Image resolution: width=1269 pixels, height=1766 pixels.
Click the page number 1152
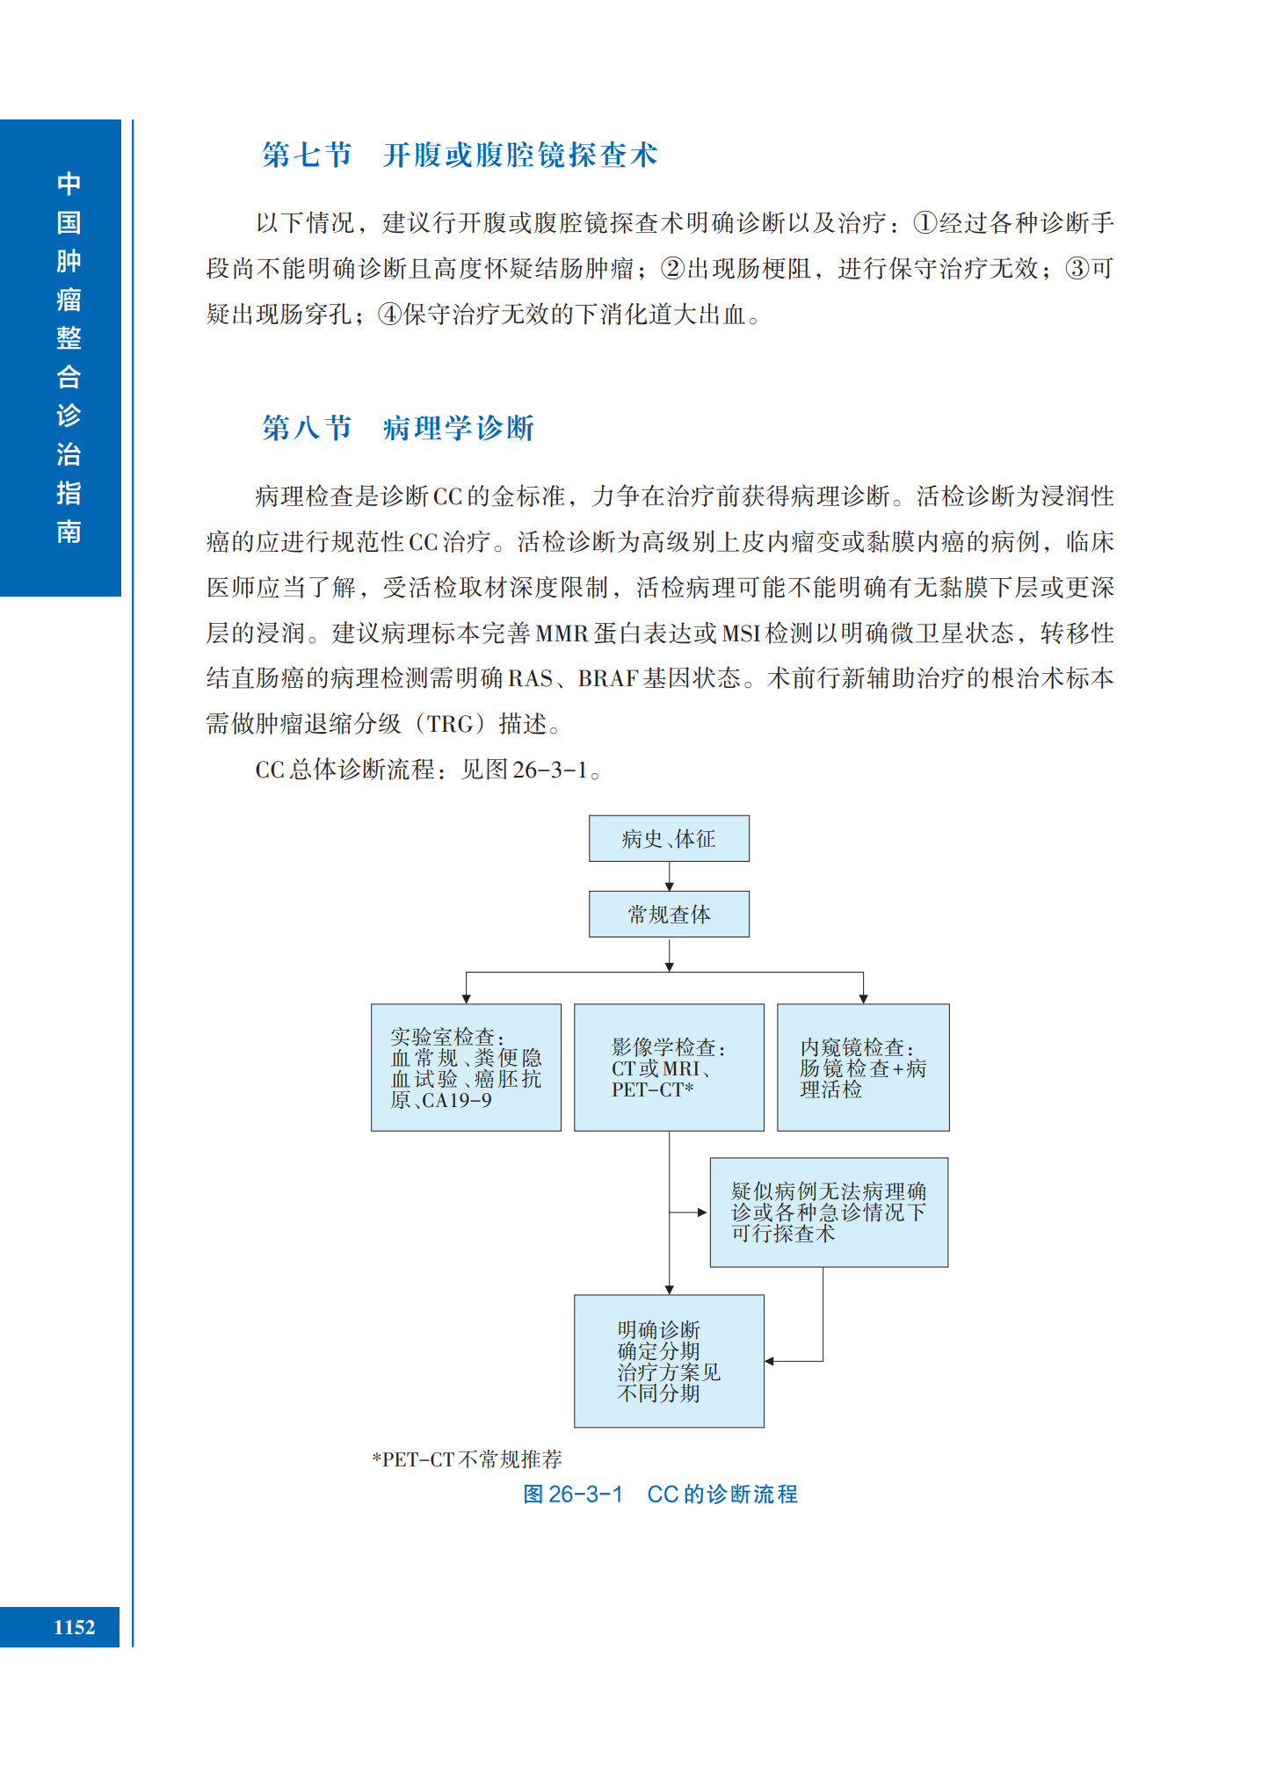74,1627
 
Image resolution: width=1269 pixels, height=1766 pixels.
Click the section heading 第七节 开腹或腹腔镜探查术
460,156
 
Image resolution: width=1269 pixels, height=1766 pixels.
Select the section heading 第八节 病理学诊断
398,428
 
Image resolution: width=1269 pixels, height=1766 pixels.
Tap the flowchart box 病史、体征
669,838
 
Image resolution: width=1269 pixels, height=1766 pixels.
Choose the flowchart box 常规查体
669,914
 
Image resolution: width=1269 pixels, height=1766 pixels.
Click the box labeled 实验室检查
466,1067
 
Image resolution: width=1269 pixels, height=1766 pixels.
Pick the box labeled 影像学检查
669,1067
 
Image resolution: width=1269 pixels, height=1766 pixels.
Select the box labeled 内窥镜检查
863,1067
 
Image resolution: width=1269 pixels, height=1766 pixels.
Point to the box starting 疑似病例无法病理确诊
829,1212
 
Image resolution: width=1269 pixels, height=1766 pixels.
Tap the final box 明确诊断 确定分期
669,1360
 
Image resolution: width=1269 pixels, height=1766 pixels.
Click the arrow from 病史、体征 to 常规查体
669,876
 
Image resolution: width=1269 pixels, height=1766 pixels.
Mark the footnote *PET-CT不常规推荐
467,1459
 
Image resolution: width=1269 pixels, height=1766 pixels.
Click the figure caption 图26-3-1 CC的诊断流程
660,1495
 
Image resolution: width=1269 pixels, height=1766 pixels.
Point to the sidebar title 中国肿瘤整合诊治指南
69,357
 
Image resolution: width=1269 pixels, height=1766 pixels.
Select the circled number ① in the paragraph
925,223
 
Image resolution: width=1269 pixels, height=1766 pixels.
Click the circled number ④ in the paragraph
389,315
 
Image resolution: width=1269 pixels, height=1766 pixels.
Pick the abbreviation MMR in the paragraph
562,633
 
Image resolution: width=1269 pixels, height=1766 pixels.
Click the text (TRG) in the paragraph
450,725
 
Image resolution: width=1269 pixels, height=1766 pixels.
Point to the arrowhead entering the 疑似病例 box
702,1212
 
